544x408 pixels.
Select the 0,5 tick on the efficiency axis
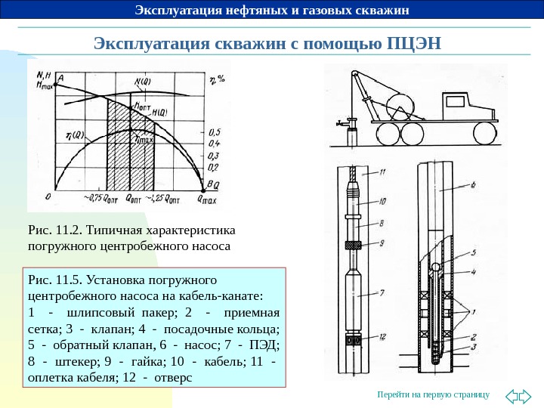(x=214, y=131)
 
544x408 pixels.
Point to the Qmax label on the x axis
(x=207, y=199)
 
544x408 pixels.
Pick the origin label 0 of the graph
(x=46, y=195)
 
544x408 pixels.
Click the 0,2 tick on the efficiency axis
(x=214, y=167)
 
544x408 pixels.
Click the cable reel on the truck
(x=401, y=106)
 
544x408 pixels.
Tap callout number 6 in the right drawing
(x=472, y=184)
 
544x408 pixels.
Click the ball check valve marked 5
(x=436, y=267)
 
